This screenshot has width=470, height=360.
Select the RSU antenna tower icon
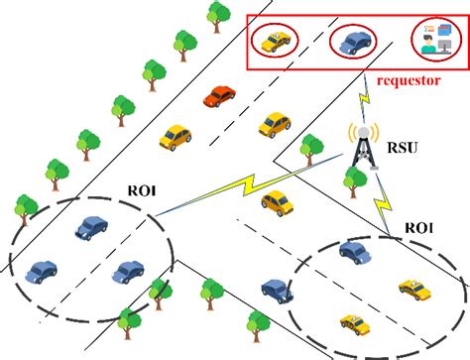point(362,149)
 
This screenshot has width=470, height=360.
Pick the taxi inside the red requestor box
point(275,41)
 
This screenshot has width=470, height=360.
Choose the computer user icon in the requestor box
point(432,40)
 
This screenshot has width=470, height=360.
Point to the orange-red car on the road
point(219,96)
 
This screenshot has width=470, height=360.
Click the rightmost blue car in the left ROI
point(128,271)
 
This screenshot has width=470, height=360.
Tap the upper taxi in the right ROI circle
point(411,289)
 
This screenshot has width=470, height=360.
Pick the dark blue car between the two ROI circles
point(277,291)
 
